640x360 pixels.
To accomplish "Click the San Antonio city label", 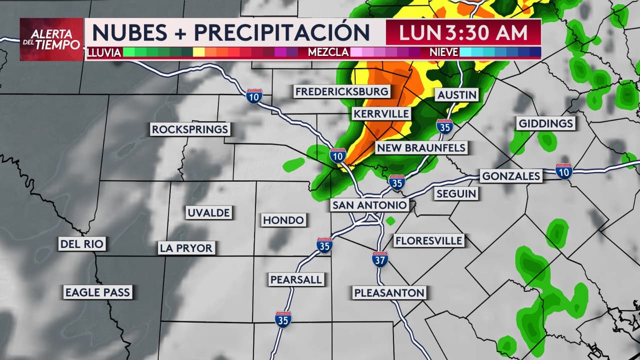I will [370, 205].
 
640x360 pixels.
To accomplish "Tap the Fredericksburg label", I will [341, 91].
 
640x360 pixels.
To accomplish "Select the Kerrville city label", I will [381, 114].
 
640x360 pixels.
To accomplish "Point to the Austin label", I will [457, 94].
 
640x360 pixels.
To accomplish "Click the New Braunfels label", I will [421, 148].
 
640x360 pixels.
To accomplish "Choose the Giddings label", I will [546, 123].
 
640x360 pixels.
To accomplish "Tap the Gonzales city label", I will [510, 176].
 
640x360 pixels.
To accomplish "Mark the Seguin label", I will [456, 193].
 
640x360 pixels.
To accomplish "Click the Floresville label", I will [429, 241].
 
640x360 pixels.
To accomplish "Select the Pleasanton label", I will [389, 293].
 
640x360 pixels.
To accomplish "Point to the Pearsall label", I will [296, 279].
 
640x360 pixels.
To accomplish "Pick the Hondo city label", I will [283, 220].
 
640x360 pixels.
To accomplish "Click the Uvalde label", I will [208, 212].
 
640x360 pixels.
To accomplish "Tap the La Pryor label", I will [186, 247].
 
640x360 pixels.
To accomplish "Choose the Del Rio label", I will [82, 244].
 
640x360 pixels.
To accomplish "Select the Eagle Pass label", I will [97, 292].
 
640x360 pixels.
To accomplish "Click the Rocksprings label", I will [190, 129].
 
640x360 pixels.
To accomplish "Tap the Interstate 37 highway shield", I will [380, 259].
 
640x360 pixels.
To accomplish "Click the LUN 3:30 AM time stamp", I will [463, 32].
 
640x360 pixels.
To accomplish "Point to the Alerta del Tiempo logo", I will [51, 39].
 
